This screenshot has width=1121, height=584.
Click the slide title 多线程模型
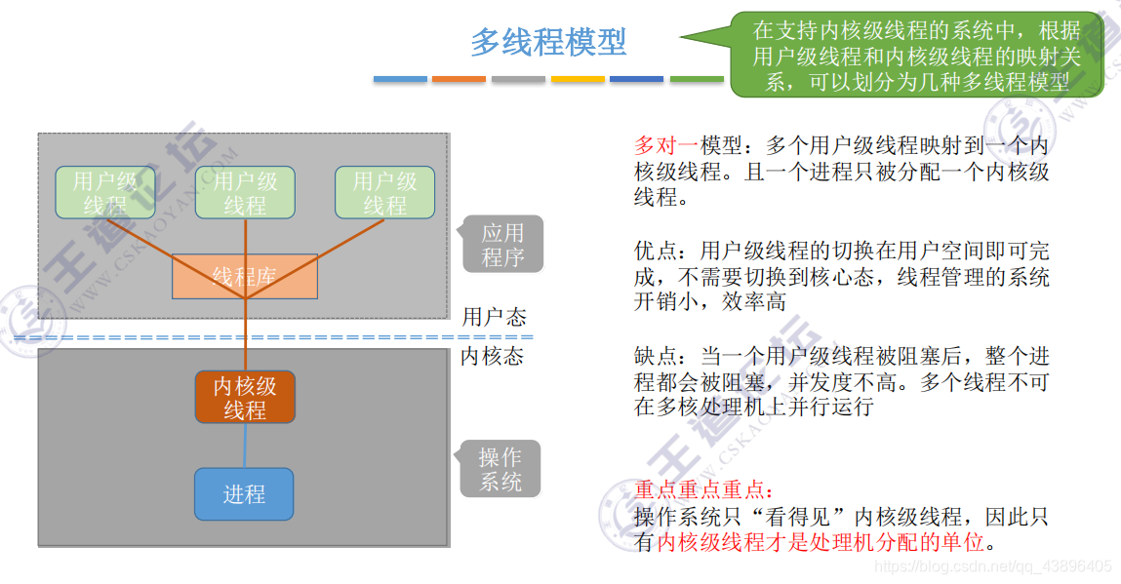click(x=548, y=42)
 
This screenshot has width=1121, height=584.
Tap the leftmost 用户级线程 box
click(x=105, y=192)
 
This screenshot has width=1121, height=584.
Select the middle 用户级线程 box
click(x=245, y=192)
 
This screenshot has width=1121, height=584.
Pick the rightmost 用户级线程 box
click(x=384, y=192)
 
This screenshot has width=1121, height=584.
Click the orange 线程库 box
click(x=245, y=276)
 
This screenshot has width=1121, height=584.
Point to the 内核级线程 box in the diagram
click(x=245, y=398)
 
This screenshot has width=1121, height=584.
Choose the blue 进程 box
click(x=244, y=494)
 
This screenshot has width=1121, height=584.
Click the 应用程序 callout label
click(x=502, y=245)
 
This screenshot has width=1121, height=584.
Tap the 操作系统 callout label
click(x=500, y=469)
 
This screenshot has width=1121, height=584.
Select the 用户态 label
click(x=494, y=317)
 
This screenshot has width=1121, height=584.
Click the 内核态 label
click(x=492, y=357)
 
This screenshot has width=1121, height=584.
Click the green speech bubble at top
click(x=917, y=56)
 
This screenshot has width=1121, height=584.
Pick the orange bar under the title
click(x=459, y=79)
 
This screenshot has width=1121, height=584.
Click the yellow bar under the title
click(x=578, y=79)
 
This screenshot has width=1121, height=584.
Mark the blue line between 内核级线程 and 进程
click(x=245, y=446)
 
